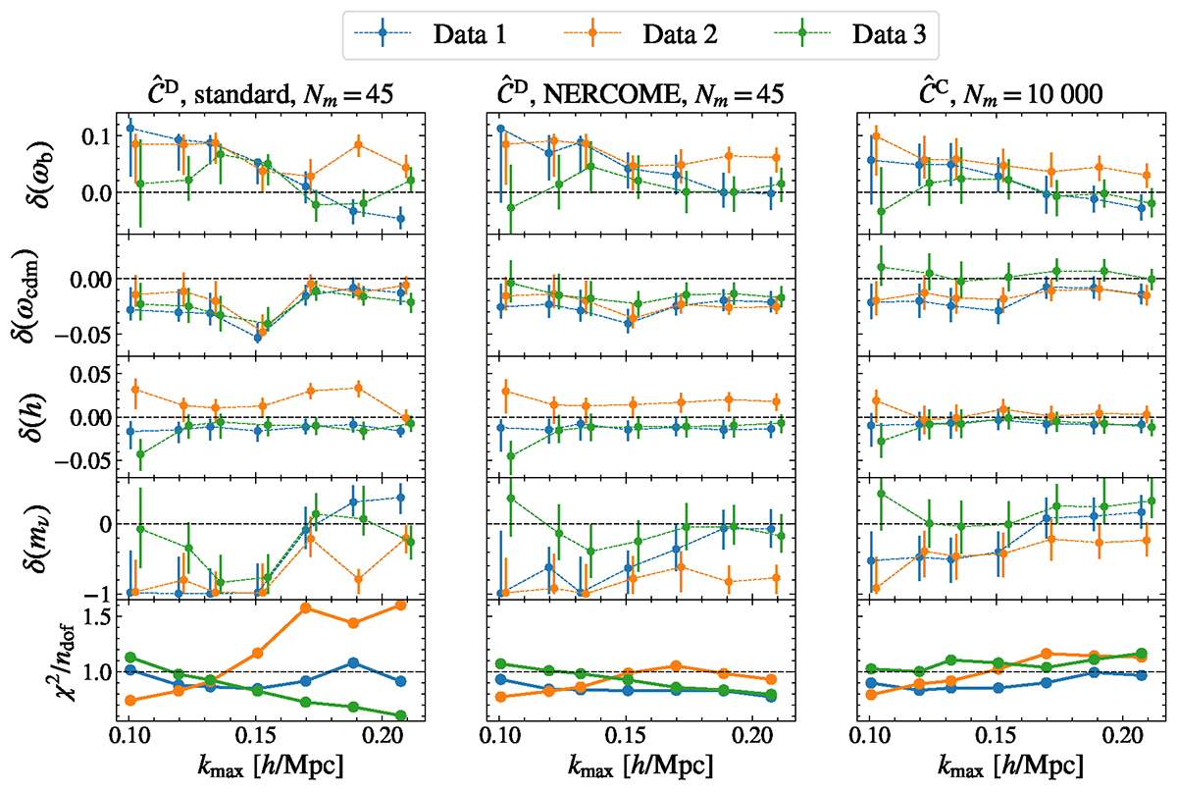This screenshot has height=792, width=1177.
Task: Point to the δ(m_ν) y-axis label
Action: [30, 539]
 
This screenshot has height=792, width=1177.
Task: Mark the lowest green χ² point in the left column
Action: [398, 715]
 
